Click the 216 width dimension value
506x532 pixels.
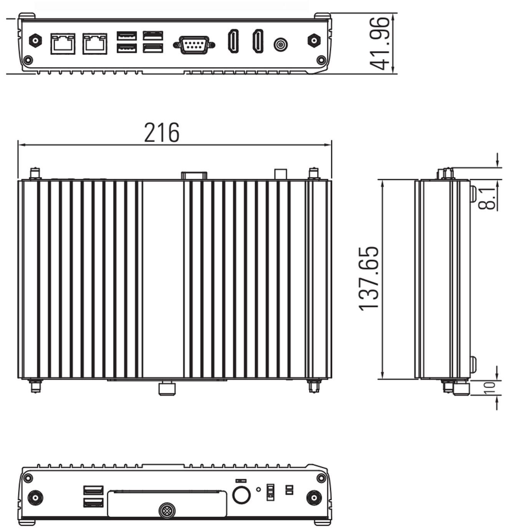click(x=161, y=132)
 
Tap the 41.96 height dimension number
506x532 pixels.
click(x=380, y=44)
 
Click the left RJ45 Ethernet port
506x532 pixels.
click(x=63, y=44)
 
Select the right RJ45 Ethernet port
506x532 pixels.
click(x=95, y=44)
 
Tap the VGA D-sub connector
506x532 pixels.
click(x=194, y=45)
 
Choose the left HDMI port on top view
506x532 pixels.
click(x=233, y=41)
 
